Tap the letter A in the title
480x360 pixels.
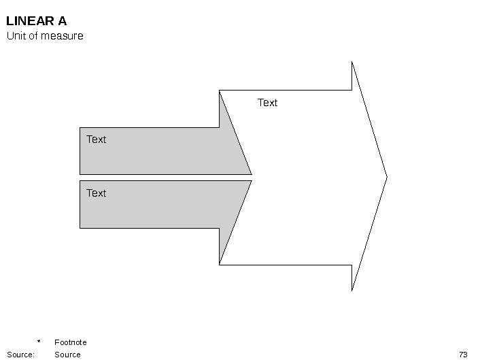click(x=62, y=21)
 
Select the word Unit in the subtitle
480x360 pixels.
click(x=16, y=36)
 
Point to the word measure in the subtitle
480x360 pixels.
click(x=62, y=36)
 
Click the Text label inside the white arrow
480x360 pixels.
click(x=268, y=103)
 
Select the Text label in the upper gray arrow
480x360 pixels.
click(x=97, y=140)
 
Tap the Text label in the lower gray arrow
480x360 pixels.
click(x=97, y=193)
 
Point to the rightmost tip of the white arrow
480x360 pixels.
click(x=386, y=177)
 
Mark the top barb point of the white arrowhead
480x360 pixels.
click(x=352, y=62)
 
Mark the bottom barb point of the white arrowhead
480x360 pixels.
click(x=352, y=291)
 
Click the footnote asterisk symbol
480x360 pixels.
click(x=39, y=342)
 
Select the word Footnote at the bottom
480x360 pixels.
click(x=71, y=342)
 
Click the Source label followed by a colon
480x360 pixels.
click(x=20, y=355)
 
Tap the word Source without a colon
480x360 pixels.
click(x=67, y=355)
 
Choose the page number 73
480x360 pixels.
click(x=464, y=355)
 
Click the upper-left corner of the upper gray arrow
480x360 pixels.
click(x=80, y=127)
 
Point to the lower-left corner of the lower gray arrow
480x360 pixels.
click(x=80, y=228)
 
